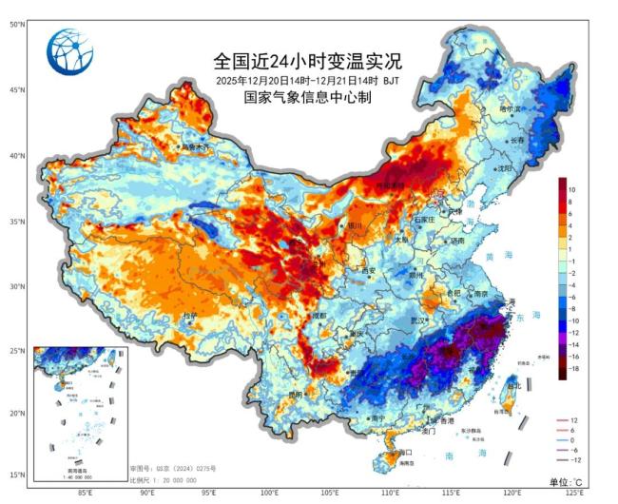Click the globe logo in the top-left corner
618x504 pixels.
pyautogui.click(x=69, y=48)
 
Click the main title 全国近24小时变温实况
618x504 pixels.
pyautogui.click(x=308, y=61)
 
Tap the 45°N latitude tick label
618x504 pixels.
pyautogui.click(x=16, y=90)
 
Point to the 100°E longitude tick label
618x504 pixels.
pyautogui.click(x=271, y=493)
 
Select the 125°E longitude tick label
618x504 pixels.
pyautogui.click(x=574, y=493)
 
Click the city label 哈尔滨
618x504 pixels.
pyautogui.click(x=512, y=109)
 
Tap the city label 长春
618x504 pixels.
pyautogui.click(x=517, y=140)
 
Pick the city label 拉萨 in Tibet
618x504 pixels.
pyautogui.click(x=190, y=315)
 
